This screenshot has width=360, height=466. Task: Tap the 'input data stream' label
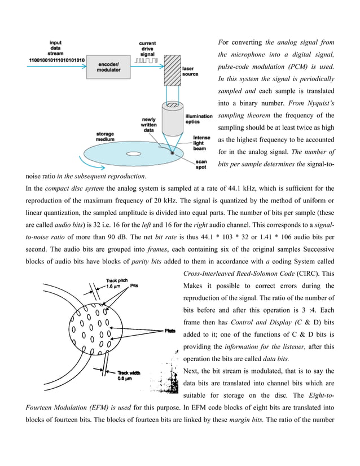pos(56,48)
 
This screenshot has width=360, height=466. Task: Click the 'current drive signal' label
pos(148,48)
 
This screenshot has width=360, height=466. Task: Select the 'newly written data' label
pos(148,124)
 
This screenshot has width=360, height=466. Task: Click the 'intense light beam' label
pos(201,143)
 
